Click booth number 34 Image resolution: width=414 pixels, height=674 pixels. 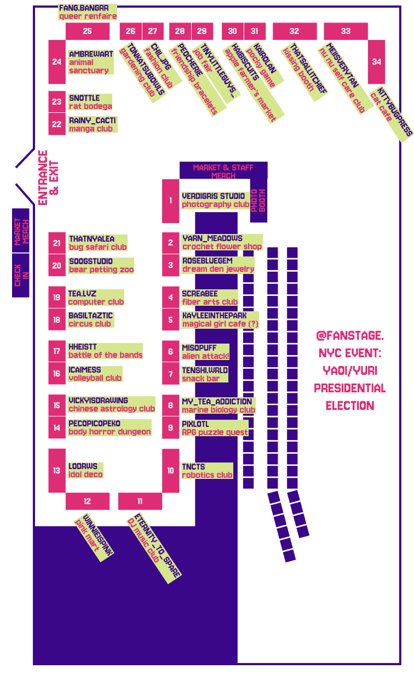click(x=376, y=61)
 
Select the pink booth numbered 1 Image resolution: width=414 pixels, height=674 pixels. click(x=170, y=201)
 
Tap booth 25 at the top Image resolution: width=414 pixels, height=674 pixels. click(x=88, y=31)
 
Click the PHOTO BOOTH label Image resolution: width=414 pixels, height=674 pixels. click(x=258, y=199)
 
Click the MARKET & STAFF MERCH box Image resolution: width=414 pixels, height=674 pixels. click(x=223, y=171)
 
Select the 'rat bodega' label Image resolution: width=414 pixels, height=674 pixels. click(x=90, y=106)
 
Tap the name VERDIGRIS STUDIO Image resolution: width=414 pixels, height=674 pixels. click(x=213, y=196)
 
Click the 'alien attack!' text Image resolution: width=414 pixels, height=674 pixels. click(x=205, y=356)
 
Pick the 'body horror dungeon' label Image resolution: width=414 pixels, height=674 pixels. click(x=110, y=432)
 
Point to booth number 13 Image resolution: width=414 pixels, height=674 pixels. click(x=57, y=470)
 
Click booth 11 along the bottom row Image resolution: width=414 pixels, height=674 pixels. click(x=140, y=501)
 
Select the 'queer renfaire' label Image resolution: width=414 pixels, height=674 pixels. click(x=88, y=16)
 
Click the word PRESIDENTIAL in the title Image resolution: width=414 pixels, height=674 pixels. click(x=350, y=388)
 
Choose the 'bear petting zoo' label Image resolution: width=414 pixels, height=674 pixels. click(x=101, y=270)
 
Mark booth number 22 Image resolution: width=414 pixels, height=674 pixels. click(x=57, y=124)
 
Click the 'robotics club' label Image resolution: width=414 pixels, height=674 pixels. click(x=207, y=475)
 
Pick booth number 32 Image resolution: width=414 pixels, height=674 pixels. click(x=294, y=31)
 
